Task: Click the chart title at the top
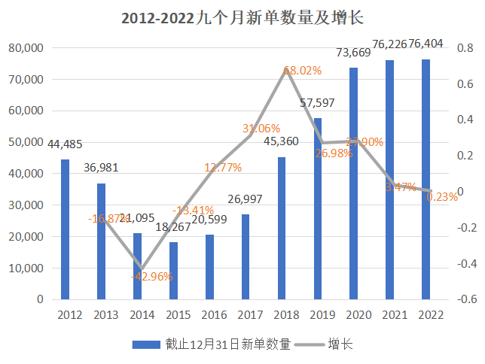click(242, 17)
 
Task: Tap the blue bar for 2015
click(173, 270)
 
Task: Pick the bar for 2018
click(282, 227)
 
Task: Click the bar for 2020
click(353, 183)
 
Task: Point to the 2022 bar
click(426, 178)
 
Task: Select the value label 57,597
click(317, 103)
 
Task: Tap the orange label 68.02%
click(302, 71)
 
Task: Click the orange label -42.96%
click(151, 276)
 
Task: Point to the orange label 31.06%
click(261, 129)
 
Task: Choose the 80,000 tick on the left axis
click(27, 48)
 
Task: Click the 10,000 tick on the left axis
click(27, 268)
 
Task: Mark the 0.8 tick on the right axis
click(466, 48)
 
